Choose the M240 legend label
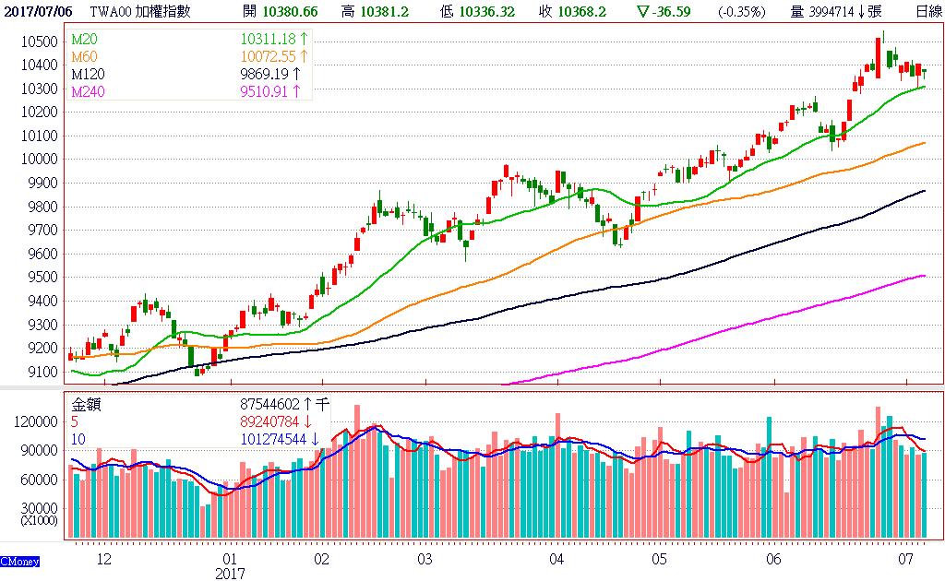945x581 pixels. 88,90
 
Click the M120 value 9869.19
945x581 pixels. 265,74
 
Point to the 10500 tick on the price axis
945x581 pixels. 42,42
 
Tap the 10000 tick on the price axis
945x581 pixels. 42,160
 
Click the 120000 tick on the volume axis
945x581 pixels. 38,421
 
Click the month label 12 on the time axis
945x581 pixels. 103,559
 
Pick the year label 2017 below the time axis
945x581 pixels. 230,573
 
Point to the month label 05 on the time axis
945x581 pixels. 659,559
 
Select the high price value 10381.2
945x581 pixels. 388,11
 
